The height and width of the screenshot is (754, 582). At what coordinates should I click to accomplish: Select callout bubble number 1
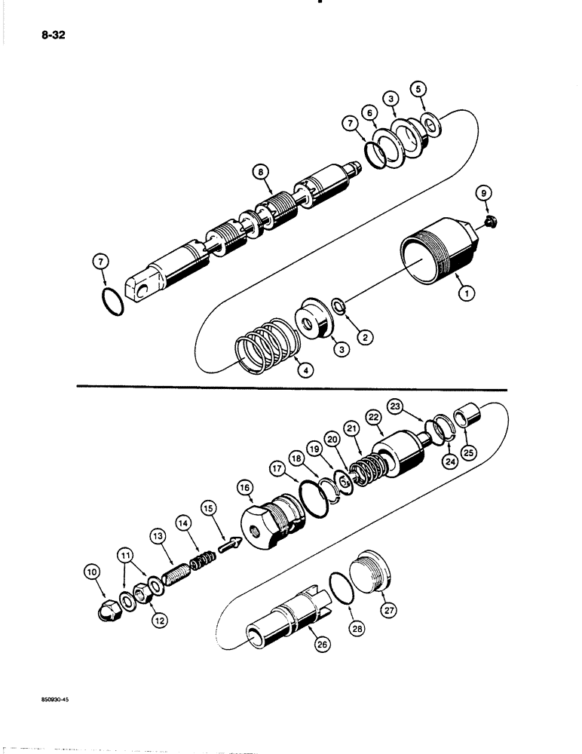coord(468,295)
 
